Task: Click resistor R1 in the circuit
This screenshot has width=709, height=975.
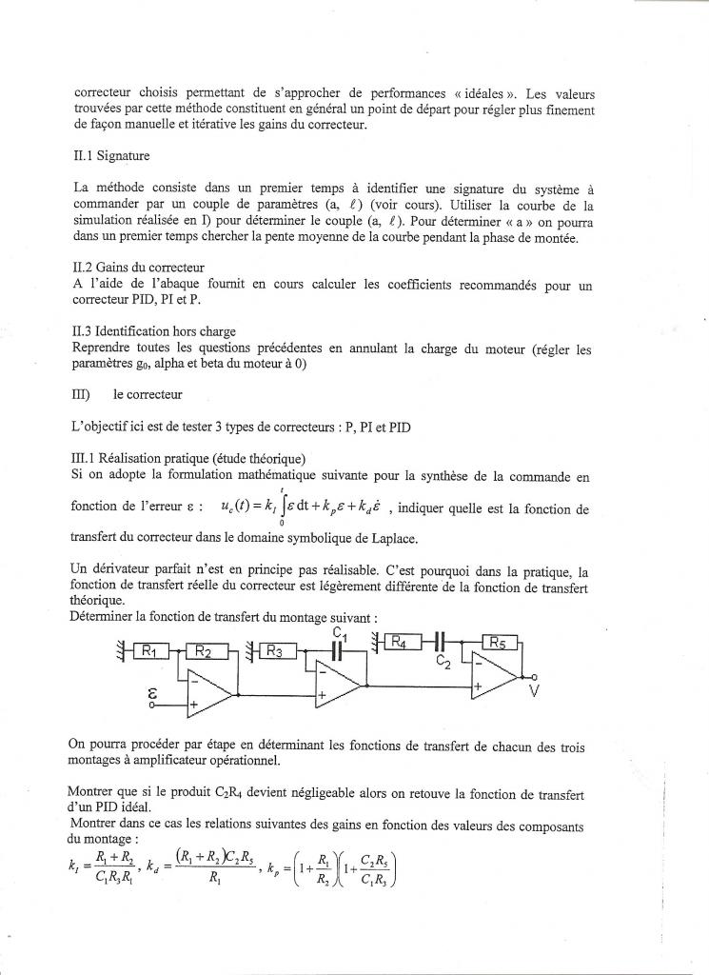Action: tap(154, 651)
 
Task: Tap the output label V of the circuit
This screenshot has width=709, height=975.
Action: tap(534, 692)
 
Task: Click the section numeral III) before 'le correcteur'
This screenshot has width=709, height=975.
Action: tap(81, 394)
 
